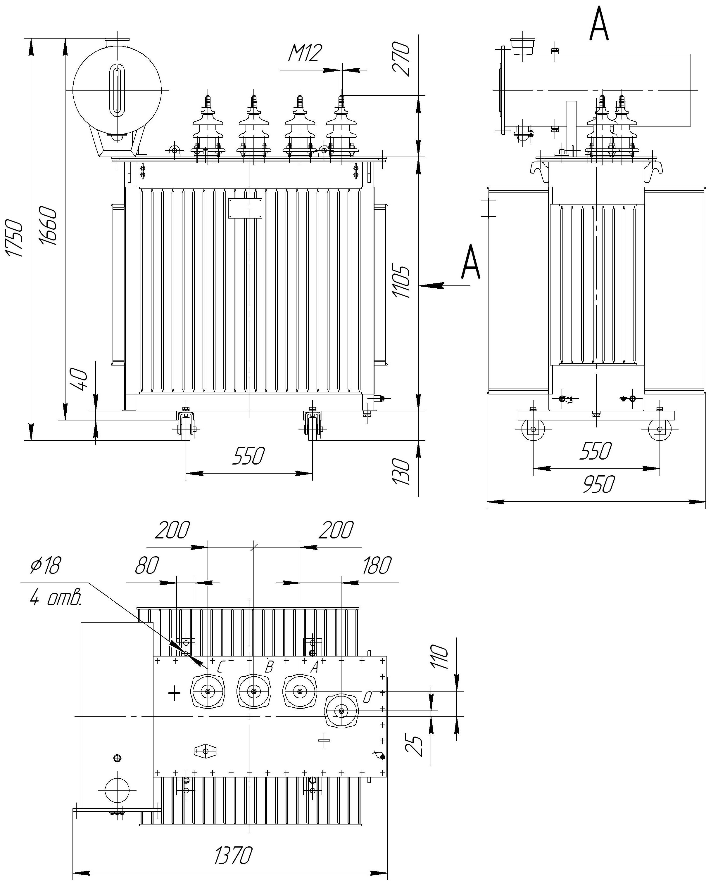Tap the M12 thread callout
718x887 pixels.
(304, 53)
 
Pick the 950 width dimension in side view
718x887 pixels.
(598, 484)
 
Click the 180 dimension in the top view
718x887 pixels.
(376, 565)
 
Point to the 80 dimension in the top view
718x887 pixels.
(147, 565)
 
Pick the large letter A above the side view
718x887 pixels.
(599, 25)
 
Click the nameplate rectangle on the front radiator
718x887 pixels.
(245, 208)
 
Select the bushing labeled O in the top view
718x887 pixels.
(341, 711)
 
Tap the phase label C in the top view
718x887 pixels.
(220, 667)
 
